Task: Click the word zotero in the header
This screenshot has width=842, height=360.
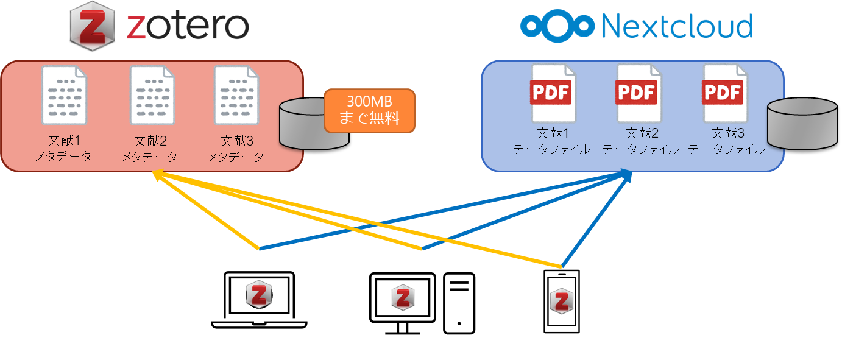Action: point(187,26)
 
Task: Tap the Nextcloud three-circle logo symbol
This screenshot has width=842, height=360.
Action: point(557,26)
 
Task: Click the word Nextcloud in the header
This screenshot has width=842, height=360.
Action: point(676,26)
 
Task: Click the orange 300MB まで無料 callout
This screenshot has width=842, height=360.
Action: point(369,110)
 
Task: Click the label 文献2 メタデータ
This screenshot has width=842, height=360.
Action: point(150,149)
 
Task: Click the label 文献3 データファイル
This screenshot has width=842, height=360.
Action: point(726,141)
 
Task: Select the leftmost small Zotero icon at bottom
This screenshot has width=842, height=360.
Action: point(258,295)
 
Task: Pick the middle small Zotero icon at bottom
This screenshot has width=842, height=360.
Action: point(403,297)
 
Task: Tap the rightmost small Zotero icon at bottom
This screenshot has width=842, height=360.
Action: point(562,301)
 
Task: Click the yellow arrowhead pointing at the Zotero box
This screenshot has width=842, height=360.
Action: point(157,175)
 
